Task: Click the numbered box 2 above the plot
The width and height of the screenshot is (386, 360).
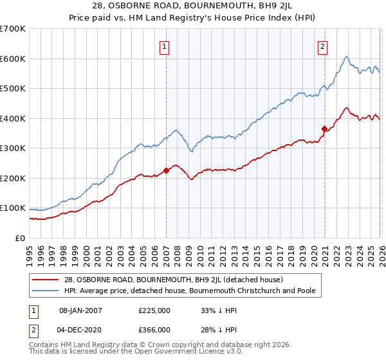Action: pos(322,46)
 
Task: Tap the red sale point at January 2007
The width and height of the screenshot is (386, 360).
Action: pos(166,170)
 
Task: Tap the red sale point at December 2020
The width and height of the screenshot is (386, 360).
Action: pos(324,129)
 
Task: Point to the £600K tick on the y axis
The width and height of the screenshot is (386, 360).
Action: pos(13,59)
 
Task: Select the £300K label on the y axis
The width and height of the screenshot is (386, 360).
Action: pos(13,148)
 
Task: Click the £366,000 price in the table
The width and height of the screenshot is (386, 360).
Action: pos(154,329)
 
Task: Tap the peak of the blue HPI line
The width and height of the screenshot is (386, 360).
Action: pos(347,57)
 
